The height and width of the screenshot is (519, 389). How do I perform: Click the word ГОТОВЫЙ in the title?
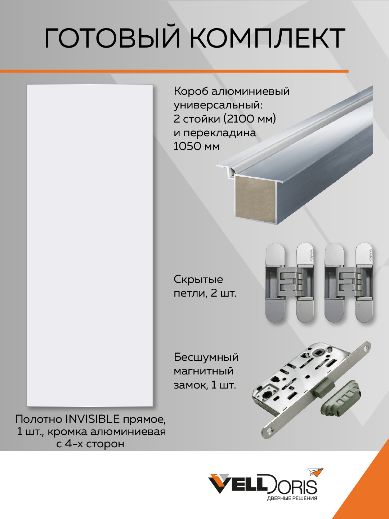[112, 38]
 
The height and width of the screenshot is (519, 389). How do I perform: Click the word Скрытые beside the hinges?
[198, 280]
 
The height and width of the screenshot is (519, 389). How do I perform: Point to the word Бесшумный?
[206, 357]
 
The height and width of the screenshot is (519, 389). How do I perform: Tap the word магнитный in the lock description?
[204, 371]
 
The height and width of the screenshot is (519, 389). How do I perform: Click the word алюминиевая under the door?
[128, 432]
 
